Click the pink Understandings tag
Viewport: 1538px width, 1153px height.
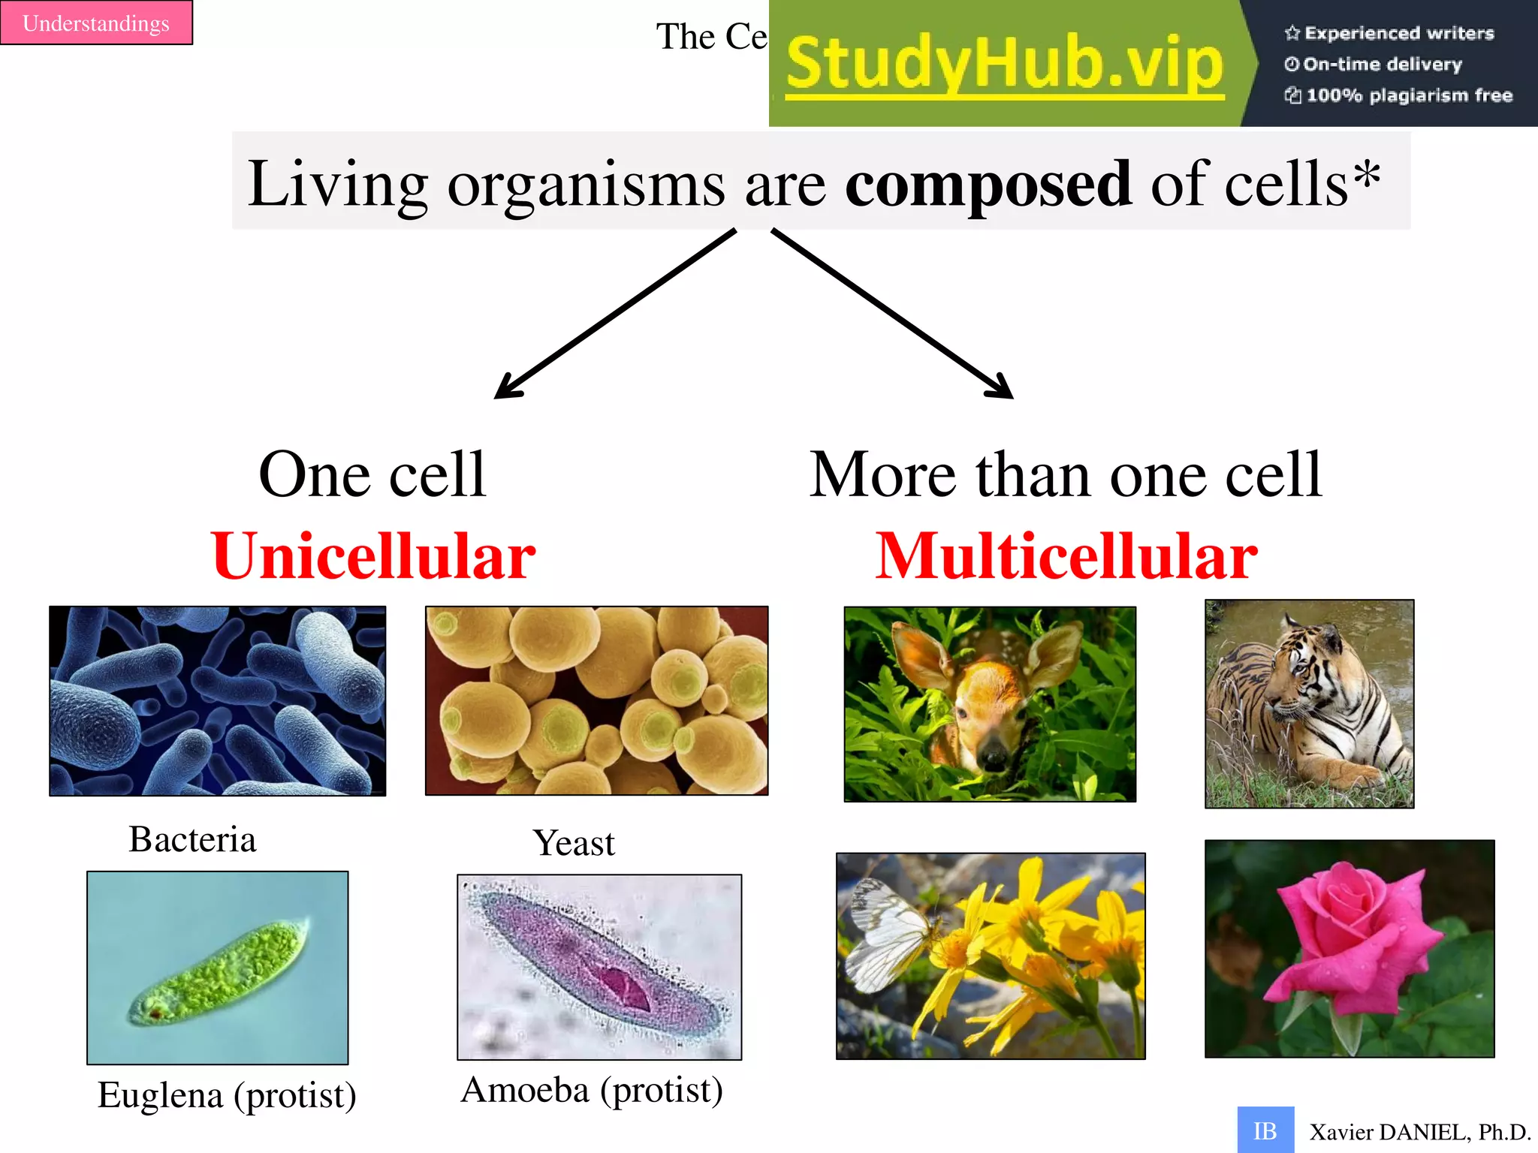pyautogui.click(x=96, y=23)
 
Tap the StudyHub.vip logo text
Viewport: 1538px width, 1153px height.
pyautogui.click(x=1005, y=65)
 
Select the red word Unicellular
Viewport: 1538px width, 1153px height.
pyautogui.click(x=373, y=556)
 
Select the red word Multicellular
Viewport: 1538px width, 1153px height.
pyautogui.click(x=1066, y=556)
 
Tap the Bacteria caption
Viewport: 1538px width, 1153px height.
pyautogui.click(x=192, y=839)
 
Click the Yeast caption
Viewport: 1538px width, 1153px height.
pyautogui.click(x=574, y=843)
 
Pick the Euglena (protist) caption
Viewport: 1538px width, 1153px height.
pyautogui.click(x=227, y=1095)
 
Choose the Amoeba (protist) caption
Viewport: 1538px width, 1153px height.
pyautogui.click(x=592, y=1090)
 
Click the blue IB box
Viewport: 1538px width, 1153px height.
pyautogui.click(x=1265, y=1130)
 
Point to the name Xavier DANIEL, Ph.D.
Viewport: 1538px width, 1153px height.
pyautogui.click(x=1419, y=1132)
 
